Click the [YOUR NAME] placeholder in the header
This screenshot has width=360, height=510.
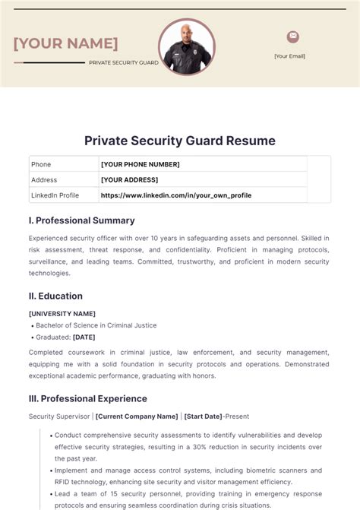pos(65,43)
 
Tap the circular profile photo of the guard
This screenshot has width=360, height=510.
pos(187,46)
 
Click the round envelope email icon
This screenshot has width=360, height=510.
pos(292,36)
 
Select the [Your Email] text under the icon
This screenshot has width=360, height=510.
pos(289,55)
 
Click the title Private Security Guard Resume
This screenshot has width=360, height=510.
pos(180,141)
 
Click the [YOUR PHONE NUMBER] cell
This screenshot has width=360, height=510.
pos(141,164)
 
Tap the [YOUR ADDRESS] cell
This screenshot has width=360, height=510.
pos(130,179)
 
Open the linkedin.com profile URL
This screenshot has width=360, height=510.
pos(176,195)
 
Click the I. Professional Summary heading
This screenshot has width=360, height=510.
pos(81,220)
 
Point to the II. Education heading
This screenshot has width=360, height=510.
pos(55,296)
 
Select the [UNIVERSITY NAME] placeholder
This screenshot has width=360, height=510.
pos(62,313)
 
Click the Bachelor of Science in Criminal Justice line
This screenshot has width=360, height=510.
pos(96,325)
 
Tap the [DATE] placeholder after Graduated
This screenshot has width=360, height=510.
pos(84,337)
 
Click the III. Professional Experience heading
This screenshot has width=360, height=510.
pos(87,398)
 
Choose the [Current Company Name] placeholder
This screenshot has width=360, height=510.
pos(137,417)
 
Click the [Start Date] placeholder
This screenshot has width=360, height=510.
pos(203,417)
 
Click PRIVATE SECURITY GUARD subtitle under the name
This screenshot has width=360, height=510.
pos(124,62)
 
